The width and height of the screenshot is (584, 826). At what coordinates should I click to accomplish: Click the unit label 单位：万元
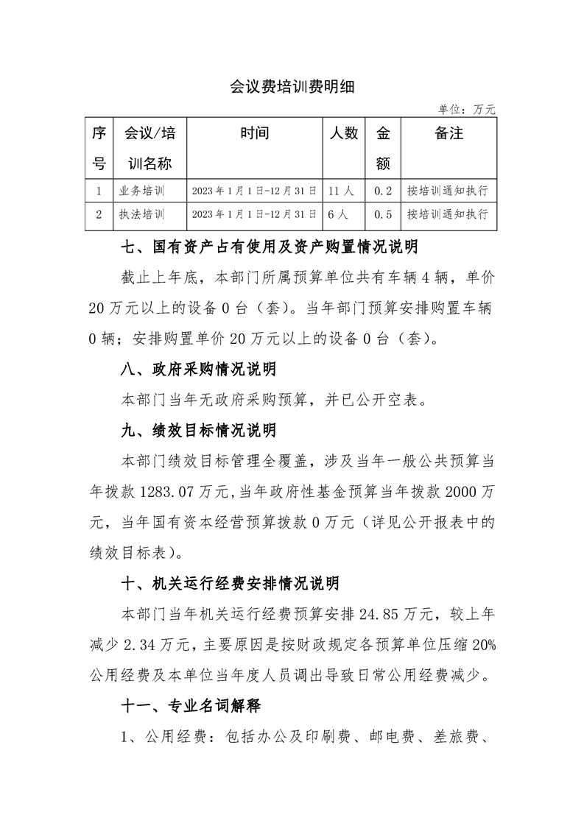467,109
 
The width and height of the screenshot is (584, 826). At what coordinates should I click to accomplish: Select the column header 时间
254,133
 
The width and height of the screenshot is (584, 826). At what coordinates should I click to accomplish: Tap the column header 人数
343,133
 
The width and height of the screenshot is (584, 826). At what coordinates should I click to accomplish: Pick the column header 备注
448,133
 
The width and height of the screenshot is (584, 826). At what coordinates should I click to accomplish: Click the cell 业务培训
141,191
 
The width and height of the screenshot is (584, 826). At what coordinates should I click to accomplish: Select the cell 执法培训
141,215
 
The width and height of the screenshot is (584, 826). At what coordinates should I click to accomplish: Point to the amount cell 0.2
382,191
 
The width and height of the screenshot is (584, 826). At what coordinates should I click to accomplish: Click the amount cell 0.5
382,215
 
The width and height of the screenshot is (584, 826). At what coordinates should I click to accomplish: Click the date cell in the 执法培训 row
254,215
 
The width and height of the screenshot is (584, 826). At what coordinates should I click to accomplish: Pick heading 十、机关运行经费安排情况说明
230,584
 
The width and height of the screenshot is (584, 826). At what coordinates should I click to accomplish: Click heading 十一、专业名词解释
189,706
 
